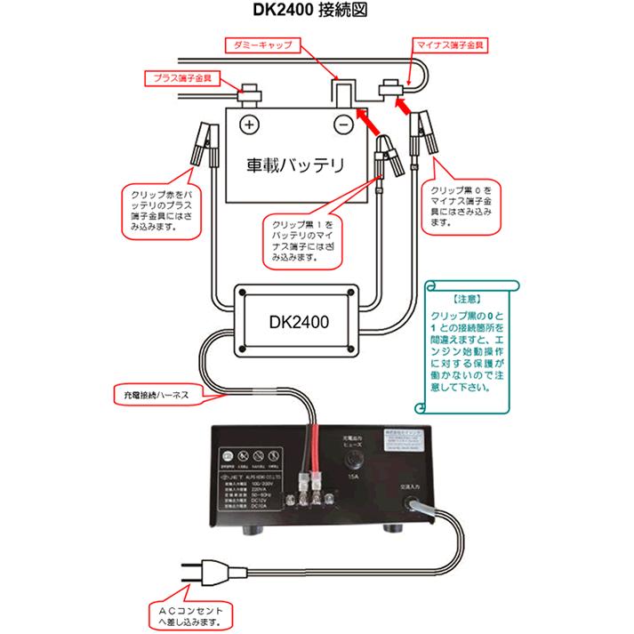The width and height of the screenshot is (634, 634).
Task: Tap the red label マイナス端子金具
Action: point(453,42)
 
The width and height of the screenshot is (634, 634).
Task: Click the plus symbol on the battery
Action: point(250,124)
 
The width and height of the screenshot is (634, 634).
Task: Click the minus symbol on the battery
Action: point(341,124)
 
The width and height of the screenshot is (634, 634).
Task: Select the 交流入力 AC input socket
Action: point(415,504)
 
